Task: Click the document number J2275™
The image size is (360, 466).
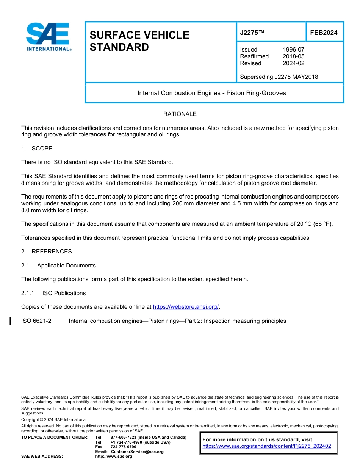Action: tap(252, 33)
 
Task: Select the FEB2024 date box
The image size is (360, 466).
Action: tap(324, 33)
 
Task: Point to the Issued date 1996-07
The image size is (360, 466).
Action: tap(293, 50)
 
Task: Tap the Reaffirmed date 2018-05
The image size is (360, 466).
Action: tap(293, 56)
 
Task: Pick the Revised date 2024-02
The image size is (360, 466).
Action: tap(293, 63)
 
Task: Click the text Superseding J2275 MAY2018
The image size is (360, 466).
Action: tap(279, 77)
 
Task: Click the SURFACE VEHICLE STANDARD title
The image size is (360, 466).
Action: tap(139, 41)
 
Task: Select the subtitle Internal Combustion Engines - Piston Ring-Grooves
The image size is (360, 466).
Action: tap(211, 93)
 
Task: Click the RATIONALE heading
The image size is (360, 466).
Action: tap(180, 114)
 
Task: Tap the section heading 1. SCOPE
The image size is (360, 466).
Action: tap(37, 149)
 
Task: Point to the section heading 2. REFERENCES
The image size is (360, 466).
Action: tap(46, 252)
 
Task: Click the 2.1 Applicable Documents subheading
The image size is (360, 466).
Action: tap(58, 266)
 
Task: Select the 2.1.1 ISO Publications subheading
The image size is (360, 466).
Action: tap(53, 293)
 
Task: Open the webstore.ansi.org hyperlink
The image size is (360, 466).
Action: tap(186, 307)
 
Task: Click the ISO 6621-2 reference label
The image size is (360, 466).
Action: tap(36, 321)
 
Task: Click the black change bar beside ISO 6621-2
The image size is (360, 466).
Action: tap(10, 321)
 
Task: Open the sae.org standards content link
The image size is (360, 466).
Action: tap(266, 446)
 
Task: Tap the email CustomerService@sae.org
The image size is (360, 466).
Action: tap(137, 452)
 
